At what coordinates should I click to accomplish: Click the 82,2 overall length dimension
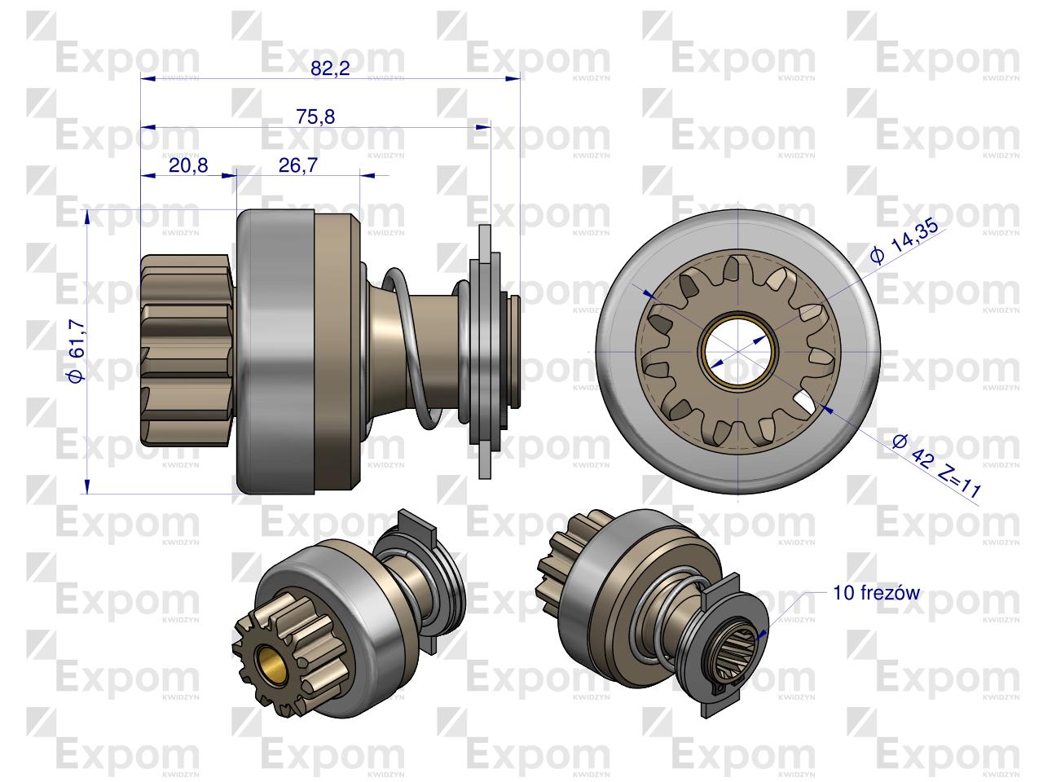[x=330, y=68]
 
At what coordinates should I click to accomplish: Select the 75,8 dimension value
[x=315, y=116]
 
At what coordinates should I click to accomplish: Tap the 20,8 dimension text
[x=188, y=165]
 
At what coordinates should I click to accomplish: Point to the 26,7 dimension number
[x=298, y=165]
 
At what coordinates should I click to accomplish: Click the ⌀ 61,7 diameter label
[x=77, y=351]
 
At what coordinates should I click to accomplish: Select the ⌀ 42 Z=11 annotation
[x=936, y=466]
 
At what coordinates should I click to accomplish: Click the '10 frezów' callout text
[x=876, y=593]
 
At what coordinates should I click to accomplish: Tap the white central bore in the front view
[x=737, y=351]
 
